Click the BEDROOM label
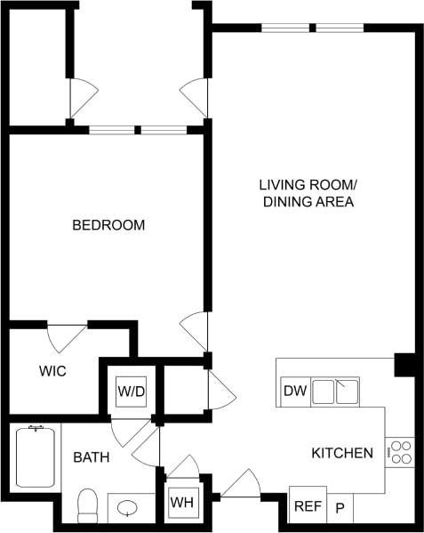click(x=108, y=226)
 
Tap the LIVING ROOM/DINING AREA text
click(x=308, y=194)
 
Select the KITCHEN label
click(x=341, y=454)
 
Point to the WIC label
click(x=52, y=370)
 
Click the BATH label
click(x=91, y=458)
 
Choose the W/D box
click(x=132, y=389)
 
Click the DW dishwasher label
click(x=293, y=391)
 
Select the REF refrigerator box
click(x=308, y=506)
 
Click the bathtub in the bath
click(x=36, y=456)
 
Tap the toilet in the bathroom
click(x=87, y=505)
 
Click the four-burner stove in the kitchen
click(x=400, y=452)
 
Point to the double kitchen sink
click(x=334, y=390)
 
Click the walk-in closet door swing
click(x=65, y=337)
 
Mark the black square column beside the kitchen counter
click(x=404, y=365)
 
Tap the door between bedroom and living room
click(x=194, y=332)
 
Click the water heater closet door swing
click(x=184, y=466)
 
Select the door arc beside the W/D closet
click(x=220, y=388)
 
